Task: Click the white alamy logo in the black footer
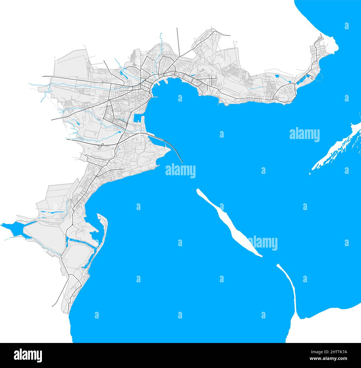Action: (28, 355)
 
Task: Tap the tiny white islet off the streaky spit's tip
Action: (310, 174)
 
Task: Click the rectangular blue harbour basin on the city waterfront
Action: (138, 118)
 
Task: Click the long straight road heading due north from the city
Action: (178, 42)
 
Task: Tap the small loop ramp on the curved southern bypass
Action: (102, 144)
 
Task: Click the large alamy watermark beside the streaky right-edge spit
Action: (305, 134)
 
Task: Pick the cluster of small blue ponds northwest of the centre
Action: (122, 73)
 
